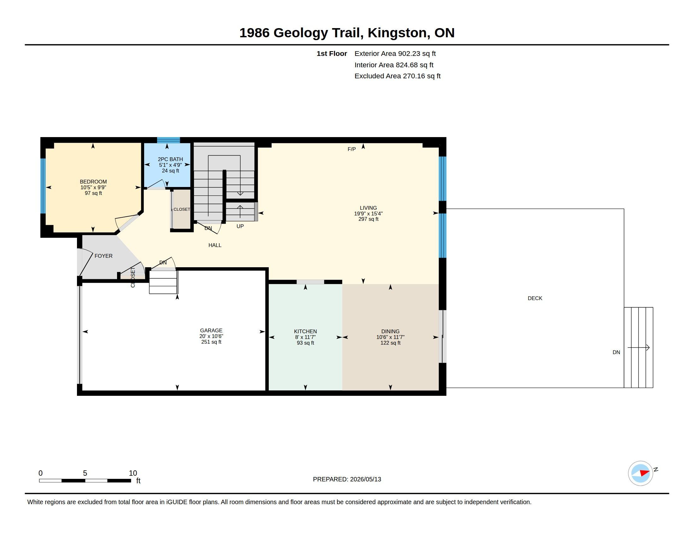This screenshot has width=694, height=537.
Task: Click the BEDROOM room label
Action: [93, 182]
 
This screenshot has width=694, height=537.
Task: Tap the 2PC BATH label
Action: [170, 160]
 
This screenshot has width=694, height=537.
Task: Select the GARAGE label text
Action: [211, 330]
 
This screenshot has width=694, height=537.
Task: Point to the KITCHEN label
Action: [305, 331]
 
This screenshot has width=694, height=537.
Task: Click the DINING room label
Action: [390, 331]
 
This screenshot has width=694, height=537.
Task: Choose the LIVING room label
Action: [368, 208]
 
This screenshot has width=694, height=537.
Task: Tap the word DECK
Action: [535, 299]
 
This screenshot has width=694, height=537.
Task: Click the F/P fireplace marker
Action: [351, 149]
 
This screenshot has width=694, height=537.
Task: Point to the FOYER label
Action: [103, 256]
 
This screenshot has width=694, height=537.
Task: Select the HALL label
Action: [215, 245]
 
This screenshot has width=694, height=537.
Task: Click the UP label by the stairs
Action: [240, 226]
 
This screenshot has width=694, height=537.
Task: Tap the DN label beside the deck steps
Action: [616, 353]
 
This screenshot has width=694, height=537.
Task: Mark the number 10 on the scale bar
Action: [133, 473]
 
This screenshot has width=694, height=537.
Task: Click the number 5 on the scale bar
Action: [85, 473]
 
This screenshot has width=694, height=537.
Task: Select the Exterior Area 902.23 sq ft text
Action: [395, 54]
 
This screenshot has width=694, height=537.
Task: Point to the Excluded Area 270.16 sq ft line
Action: [397, 76]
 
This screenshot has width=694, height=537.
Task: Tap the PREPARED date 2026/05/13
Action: [365, 480]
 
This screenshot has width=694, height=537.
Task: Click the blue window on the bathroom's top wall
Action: [168, 140]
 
